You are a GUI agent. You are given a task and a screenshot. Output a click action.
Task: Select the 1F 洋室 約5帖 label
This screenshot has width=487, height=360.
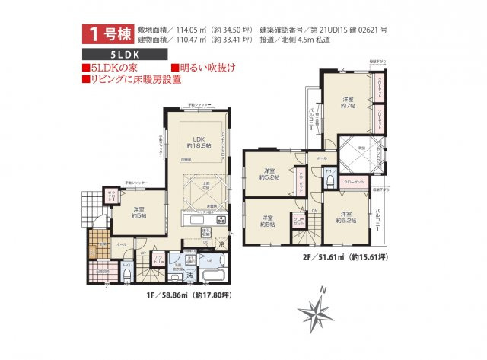pyautogui.click(x=138, y=212)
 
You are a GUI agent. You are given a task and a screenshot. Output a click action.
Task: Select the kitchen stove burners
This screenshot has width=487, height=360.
pyautogui.click(x=221, y=220)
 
